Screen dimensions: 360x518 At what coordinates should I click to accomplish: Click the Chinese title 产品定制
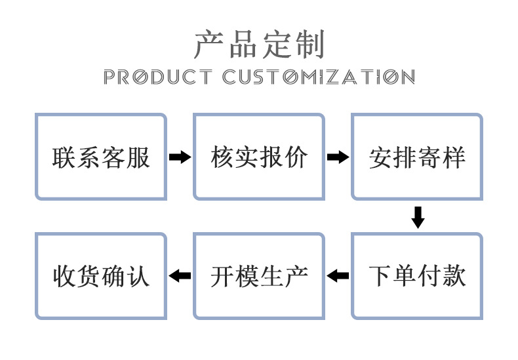[x=259, y=45]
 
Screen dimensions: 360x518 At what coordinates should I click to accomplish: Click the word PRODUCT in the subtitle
[x=158, y=77]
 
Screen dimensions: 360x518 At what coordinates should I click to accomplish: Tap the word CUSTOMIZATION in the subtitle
[x=319, y=77]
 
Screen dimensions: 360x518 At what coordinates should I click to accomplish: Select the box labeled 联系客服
[x=101, y=157]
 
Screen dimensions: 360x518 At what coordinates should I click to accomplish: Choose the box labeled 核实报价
[x=259, y=157]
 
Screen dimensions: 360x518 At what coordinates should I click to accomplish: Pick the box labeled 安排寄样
[x=417, y=157]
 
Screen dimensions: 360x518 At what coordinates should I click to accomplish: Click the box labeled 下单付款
[x=417, y=275]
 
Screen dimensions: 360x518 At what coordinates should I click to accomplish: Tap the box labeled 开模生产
[x=259, y=275]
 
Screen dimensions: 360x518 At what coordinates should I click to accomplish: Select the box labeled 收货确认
[x=101, y=275]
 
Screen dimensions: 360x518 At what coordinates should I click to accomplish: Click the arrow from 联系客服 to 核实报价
[x=180, y=157]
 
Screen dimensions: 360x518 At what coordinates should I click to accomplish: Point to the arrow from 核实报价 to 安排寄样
[x=338, y=157]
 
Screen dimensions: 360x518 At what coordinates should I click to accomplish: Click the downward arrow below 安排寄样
[x=418, y=217]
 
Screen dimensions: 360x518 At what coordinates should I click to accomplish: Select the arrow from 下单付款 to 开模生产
[x=338, y=276]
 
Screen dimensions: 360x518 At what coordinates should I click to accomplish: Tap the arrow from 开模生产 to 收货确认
[x=180, y=276]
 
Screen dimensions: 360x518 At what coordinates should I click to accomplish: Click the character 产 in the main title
[x=209, y=45]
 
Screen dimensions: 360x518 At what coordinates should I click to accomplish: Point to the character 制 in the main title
[x=309, y=45]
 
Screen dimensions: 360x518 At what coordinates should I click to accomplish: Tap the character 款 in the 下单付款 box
[x=454, y=276]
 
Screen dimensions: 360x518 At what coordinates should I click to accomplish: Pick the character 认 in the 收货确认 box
[x=138, y=276]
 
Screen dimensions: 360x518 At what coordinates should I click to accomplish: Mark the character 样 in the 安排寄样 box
[x=454, y=157]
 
